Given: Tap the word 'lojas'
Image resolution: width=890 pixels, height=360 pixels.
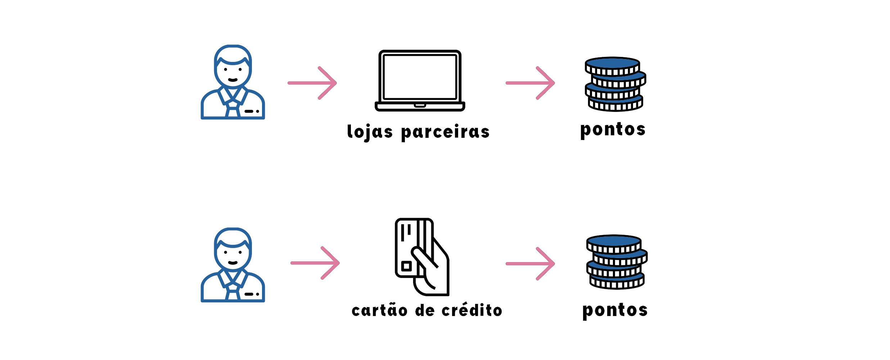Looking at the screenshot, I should coord(370,132).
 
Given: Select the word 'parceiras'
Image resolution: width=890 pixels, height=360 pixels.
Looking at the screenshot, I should coord(445,132).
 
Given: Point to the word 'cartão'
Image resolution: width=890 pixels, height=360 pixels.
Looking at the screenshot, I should coord(379,310).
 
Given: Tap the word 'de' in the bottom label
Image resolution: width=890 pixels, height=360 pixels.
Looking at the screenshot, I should coord(425,310).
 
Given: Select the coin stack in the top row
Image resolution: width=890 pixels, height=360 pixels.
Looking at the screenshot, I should coord(615,84).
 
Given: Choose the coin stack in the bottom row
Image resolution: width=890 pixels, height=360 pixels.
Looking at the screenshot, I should coord(616,262).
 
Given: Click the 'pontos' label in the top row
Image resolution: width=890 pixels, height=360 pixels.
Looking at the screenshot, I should coord(613,130).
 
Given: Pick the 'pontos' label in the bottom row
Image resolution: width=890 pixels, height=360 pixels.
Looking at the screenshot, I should coord(615,310).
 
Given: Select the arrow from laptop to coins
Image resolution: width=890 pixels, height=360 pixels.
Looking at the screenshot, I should coord(530,83).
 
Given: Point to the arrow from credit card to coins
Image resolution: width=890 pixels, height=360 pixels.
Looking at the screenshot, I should coord(530,264).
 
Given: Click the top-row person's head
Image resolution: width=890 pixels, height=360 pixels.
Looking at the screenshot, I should coord(233,67).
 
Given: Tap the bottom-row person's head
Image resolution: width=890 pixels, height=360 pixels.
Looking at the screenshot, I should coord(233,249).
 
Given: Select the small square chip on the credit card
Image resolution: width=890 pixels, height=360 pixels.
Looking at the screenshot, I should coord(407,266).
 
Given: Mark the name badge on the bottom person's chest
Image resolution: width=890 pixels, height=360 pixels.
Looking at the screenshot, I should coord(251,294).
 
